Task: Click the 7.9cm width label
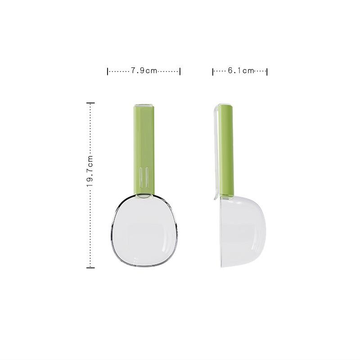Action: [144, 71]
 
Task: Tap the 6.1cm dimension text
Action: [241, 71]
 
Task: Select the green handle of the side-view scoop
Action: [226, 148]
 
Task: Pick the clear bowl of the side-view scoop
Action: [243, 232]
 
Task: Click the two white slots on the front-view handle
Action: [144, 176]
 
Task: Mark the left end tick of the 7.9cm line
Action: [108, 71]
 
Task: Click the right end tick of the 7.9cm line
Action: [180, 71]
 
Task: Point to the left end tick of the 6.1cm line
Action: [213, 71]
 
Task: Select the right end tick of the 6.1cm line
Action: [267, 71]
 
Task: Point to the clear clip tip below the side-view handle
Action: [216, 197]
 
